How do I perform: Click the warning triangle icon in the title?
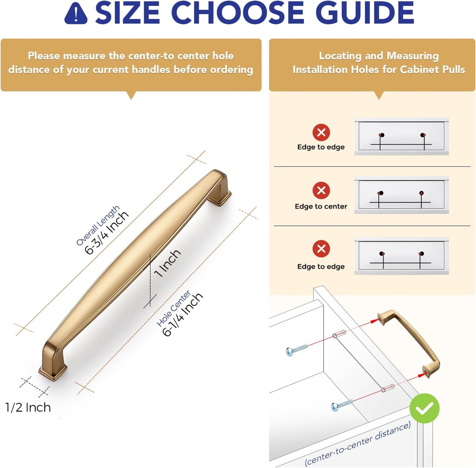click(x=75, y=14)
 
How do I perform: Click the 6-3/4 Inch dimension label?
click(x=107, y=233)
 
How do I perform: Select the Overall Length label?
click(x=98, y=225)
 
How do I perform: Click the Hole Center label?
click(x=173, y=308)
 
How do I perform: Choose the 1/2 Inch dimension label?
click(x=28, y=407)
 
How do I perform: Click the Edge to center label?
click(x=321, y=206)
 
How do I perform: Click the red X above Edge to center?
click(x=321, y=190)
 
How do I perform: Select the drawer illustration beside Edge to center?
click(x=402, y=195)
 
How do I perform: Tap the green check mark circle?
click(x=424, y=408)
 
